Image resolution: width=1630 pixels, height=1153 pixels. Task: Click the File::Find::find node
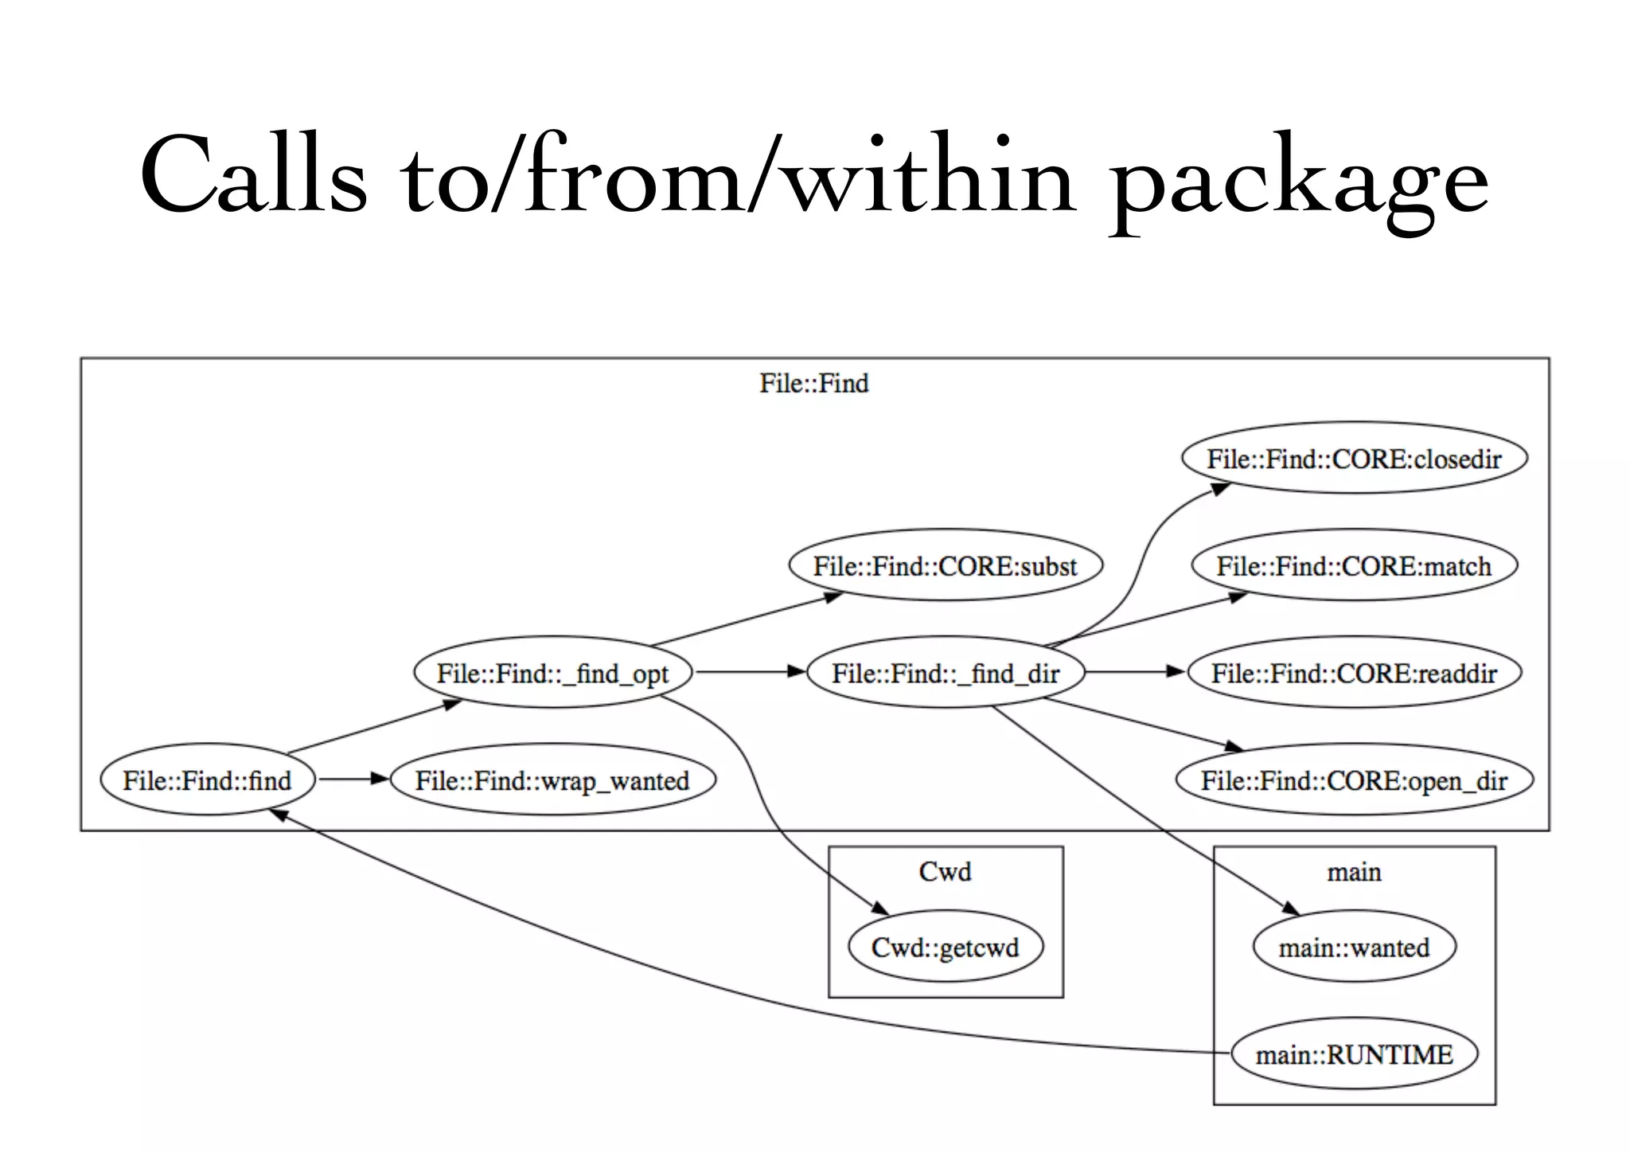(x=207, y=780)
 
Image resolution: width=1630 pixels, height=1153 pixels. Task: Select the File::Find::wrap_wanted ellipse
(x=552, y=780)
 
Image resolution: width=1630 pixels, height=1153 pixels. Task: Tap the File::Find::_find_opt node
(x=552, y=673)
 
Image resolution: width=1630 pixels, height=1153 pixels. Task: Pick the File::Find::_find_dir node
(x=946, y=673)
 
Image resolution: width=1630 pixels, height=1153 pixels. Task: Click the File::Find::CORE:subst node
(x=945, y=566)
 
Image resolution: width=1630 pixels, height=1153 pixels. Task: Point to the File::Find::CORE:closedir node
(x=1354, y=459)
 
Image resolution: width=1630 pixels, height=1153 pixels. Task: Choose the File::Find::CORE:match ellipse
(x=1354, y=566)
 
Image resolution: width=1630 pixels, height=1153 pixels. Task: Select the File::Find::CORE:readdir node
(x=1354, y=673)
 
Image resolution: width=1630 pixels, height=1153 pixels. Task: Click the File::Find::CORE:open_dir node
(x=1354, y=780)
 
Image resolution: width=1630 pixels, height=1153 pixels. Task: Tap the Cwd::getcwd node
(x=945, y=948)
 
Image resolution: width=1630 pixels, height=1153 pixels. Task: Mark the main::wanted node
(x=1354, y=948)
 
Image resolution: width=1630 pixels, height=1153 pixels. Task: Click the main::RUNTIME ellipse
(x=1354, y=1055)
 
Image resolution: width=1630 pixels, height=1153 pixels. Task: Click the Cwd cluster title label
(x=945, y=872)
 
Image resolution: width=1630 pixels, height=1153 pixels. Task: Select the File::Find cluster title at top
(x=813, y=384)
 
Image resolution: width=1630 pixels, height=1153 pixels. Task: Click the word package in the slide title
(x=1299, y=179)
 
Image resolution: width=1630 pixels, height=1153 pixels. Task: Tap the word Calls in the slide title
(x=253, y=175)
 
